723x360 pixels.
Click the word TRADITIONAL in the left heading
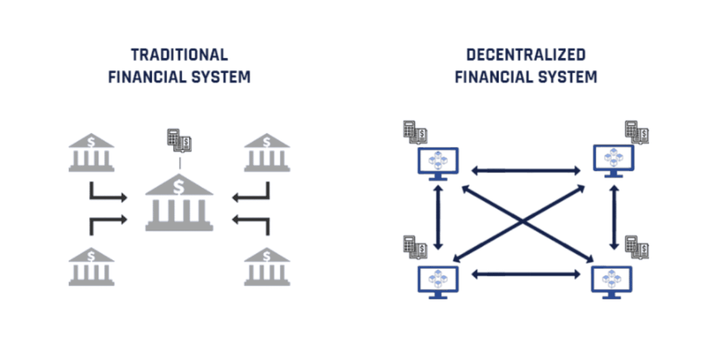(179, 55)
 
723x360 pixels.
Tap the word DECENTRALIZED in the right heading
(526, 55)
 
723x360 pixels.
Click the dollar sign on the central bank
(179, 187)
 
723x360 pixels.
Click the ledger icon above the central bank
(179, 140)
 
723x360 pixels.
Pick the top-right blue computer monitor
(613, 160)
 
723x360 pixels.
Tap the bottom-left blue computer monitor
(438, 281)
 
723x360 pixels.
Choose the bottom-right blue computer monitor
(612, 281)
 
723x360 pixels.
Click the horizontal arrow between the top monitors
(526, 170)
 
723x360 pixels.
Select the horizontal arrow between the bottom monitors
(526, 274)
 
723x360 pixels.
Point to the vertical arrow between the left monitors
(438, 217)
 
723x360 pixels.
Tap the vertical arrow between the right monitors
(614, 217)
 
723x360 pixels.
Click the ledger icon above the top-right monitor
(637, 132)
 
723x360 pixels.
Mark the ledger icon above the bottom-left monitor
(415, 247)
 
